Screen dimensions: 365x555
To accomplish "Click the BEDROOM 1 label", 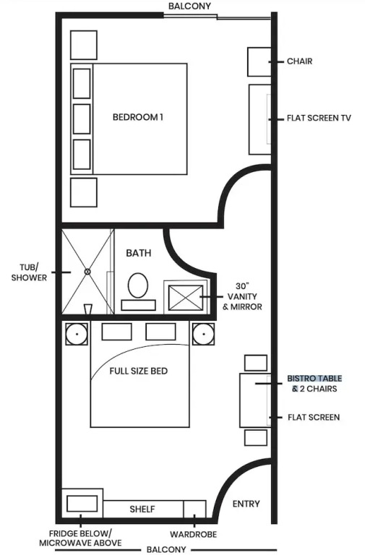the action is pos(138,117).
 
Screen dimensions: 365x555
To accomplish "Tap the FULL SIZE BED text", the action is pos(139,371).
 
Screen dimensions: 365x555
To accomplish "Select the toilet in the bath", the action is pos(138,285).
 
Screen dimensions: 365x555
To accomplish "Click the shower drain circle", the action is pos(87,272).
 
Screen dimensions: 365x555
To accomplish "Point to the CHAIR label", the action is pos(299,61).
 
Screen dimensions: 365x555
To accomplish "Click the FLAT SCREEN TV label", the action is pos(319,118).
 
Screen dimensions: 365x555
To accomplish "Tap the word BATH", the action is pos(139,253).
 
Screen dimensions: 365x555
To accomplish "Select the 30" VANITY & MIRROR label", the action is pos(243,296).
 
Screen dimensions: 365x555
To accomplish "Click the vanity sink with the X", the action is pos(186,298).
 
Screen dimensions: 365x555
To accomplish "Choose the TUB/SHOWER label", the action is pos(29,272).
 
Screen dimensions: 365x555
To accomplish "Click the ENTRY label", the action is pos(246,504).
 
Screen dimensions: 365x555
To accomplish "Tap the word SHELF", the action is pos(142,509).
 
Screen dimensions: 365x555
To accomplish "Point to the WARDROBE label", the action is pos(193,534).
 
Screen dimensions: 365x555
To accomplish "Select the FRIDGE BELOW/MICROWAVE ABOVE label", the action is pos(80,538).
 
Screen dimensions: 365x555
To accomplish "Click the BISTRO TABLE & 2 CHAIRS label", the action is pos(314,384).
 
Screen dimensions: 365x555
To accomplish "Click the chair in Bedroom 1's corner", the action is pos(259,61).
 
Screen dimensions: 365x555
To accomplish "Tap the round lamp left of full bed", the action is pos(77,334).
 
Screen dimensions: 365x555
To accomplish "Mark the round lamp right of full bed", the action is pos(203,334).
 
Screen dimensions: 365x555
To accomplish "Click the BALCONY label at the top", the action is pos(189,6).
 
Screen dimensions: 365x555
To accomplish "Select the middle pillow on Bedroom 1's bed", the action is pos(82,119).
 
